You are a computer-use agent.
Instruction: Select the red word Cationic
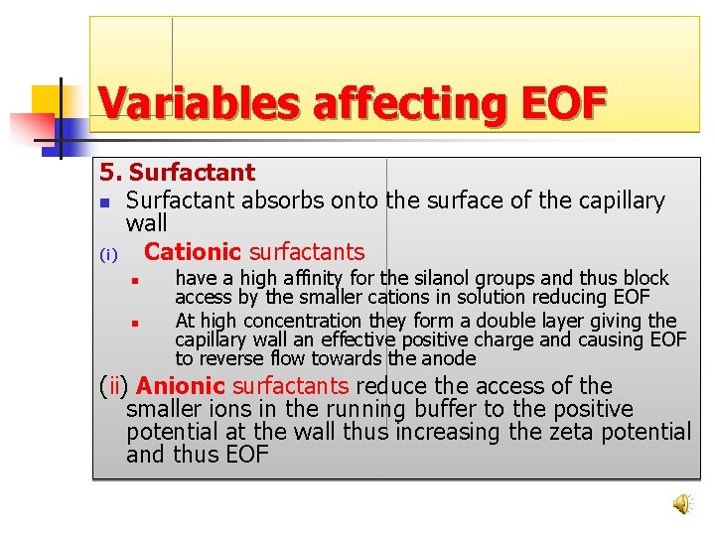[x=193, y=252]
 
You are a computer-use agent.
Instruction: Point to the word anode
[x=449, y=358]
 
